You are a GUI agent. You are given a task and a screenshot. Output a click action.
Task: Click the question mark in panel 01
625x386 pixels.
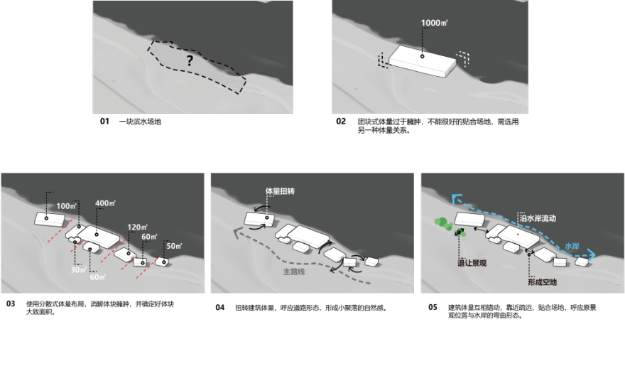(190, 60)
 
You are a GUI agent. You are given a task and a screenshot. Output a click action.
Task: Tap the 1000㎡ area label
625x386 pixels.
(434, 23)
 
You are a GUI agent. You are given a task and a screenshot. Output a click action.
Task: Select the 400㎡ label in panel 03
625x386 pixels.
(105, 203)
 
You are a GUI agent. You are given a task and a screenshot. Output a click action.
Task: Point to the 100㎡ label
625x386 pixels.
(66, 205)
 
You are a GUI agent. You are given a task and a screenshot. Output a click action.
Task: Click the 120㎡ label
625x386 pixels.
(138, 227)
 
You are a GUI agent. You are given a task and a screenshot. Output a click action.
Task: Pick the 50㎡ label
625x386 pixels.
(174, 246)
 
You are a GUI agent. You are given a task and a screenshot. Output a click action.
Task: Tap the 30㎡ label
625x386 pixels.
(79, 269)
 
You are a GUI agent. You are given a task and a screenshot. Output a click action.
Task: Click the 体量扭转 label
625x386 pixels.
(280, 191)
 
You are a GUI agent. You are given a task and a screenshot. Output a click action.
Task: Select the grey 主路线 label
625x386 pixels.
(294, 272)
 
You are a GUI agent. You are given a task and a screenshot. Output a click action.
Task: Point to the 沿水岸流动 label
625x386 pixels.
(538, 218)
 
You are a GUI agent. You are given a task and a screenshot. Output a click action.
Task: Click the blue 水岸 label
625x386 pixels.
(572, 246)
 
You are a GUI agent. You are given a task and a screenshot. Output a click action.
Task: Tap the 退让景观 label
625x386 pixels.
(472, 263)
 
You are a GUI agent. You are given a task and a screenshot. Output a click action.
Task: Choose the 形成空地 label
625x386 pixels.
(542, 282)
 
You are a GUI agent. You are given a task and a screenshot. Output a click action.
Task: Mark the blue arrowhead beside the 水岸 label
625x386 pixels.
(591, 254)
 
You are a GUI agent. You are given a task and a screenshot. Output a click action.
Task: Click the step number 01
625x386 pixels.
(104, 122)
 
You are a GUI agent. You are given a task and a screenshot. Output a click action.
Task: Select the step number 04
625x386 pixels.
(220, 307)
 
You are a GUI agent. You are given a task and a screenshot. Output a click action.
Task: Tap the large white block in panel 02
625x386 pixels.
(423, 61)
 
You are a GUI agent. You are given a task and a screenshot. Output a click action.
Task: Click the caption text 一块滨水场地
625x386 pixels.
(140, 122)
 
